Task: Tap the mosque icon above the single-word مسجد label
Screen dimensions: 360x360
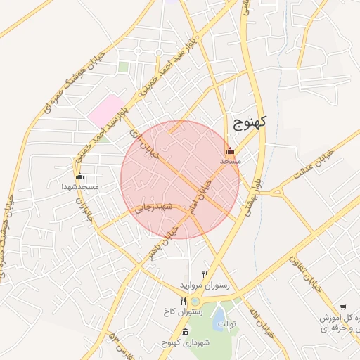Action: [x=231, y=150]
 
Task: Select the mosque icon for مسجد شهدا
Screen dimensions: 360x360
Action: [x=79, y=176]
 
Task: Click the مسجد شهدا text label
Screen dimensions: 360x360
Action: [x=79, y=187]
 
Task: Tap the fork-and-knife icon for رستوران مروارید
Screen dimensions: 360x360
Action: [x=205, y=275]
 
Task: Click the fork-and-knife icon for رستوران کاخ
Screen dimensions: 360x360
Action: [x=183, y=301]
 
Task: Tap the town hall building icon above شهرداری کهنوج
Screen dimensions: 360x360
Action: [x=185, y=333]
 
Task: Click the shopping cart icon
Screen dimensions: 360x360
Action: [x=343, y=307]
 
